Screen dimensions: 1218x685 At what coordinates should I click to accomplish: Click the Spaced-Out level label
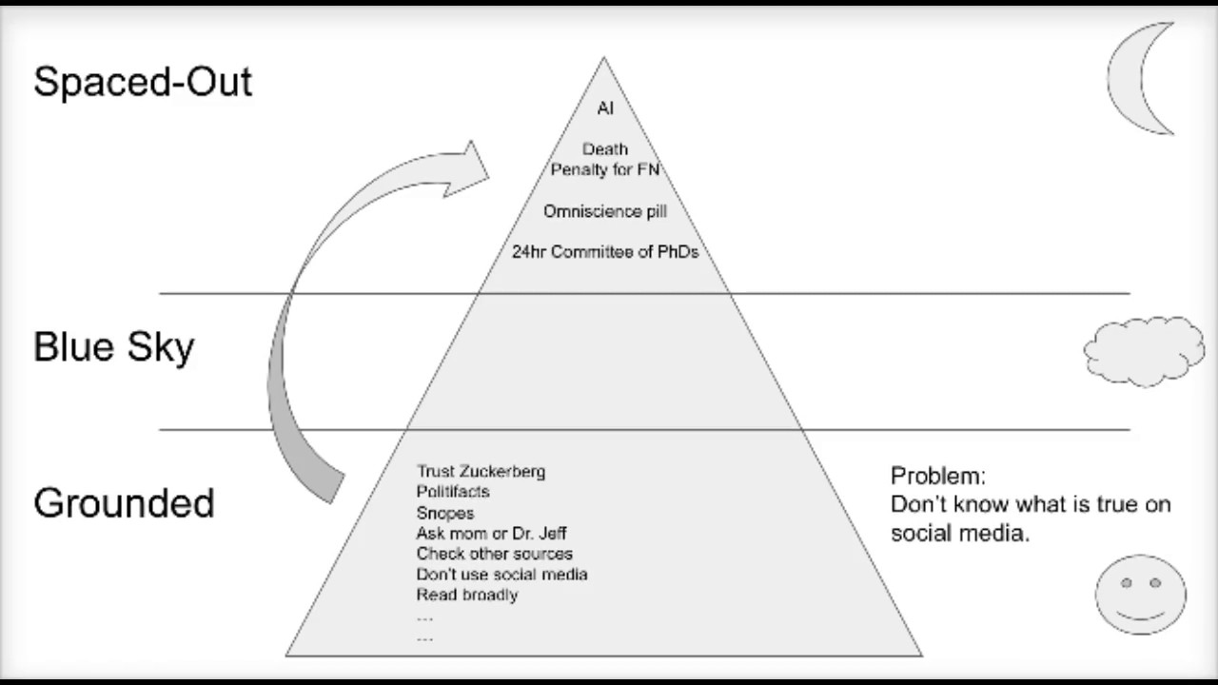(x=143, y=82)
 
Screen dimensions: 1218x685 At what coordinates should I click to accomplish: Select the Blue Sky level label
(x=113, y=347)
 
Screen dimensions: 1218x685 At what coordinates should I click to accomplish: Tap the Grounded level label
(x=124, y=503)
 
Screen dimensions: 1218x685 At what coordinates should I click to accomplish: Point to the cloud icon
(x=1144, y=352)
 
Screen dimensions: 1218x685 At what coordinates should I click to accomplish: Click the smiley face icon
(x=1141, y=595)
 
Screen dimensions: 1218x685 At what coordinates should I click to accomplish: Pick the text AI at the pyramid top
(x=605, y=108)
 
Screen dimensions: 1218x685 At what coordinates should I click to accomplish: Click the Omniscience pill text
(x=605, y=211)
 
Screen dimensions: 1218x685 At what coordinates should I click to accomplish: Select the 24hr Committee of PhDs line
(x=605, y=252)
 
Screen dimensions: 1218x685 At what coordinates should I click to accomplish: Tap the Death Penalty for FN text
(x=605, y=159)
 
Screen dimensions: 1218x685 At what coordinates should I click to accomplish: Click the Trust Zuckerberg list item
(x=481, y=471)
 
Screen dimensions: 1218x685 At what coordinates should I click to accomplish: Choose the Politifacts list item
(x=453, y=492)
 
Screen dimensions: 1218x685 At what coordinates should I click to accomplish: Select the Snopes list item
(x=444, y=513)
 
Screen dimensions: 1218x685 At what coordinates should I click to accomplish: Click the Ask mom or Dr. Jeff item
(x=491, y=534)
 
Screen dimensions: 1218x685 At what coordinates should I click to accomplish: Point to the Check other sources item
(x=494, y=554)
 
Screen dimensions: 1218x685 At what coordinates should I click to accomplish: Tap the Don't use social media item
(x=501, y=574)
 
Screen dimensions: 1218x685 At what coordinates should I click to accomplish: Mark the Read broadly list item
(x=467, y=595)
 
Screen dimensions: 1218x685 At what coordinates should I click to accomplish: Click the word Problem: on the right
(x=938, y=476)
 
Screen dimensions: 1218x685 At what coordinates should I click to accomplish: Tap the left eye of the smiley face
(x=1126, y=583)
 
